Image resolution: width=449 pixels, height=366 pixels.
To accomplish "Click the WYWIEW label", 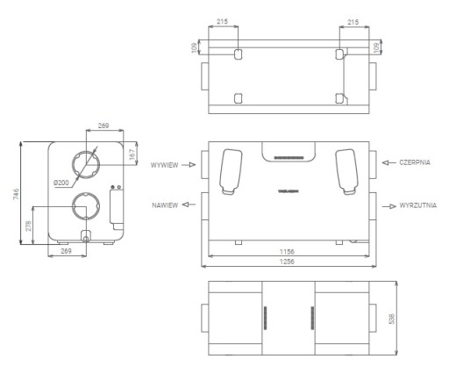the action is point(164,165).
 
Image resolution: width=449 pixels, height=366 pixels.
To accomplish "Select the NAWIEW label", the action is point(165,205).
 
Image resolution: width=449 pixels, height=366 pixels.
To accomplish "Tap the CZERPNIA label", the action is point(415,162).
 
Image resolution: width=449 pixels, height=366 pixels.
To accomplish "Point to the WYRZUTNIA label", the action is point(418,205).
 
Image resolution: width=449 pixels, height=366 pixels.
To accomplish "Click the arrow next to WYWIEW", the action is point(189,165).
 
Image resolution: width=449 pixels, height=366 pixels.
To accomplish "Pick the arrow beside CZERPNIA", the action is point(389,162).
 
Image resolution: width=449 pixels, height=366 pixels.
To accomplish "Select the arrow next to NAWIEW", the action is point(189,205).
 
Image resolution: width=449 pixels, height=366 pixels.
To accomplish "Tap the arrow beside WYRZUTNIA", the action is point(389,206).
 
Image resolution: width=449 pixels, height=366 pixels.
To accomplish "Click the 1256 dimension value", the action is point(287,262).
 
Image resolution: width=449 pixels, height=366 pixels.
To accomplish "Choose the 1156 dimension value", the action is point(287,251).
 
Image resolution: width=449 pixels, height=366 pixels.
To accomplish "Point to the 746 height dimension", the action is point(16,194).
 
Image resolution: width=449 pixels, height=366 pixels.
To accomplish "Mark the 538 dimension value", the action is point(392,319).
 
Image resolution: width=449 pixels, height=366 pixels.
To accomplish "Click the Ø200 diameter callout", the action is point(61,183).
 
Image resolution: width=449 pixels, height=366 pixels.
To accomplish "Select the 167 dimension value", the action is point(132,154).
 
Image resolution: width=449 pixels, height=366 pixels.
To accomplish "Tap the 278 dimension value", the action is point(28,226).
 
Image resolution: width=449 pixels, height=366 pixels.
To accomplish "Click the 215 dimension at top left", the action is point(222,21).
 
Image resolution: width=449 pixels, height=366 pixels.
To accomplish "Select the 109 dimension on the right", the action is point(376,47).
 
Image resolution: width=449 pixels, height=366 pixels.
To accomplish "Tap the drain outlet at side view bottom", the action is point(86,239).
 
